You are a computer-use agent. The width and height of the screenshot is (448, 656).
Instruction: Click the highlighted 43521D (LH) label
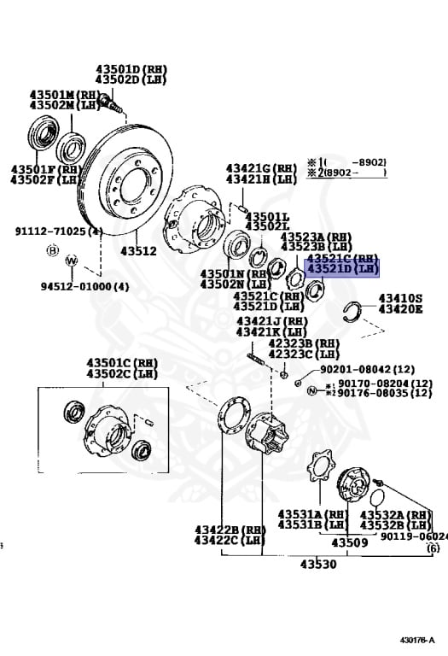point(341,269)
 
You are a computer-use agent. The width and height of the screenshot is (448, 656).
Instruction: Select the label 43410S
point(400,298)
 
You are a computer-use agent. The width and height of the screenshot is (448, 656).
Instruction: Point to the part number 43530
point(317,565)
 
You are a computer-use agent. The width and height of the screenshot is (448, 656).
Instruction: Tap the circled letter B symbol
point(52,252)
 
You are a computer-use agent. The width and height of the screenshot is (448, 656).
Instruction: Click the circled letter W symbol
point(71,261)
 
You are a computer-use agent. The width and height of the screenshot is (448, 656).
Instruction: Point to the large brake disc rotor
point(128,184)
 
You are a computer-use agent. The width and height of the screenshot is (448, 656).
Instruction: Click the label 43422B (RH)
point(228,530)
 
